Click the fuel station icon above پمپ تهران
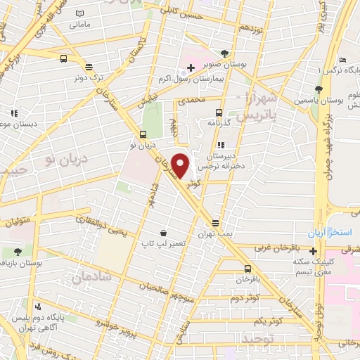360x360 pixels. click(215, 224)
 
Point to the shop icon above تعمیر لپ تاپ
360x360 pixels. click(163, 233)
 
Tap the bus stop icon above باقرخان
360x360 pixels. click(247, 269)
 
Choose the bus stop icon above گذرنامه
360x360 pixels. click(219, 112)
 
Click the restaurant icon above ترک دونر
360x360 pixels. click(89, 67)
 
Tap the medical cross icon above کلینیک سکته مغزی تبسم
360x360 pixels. click(313, 251)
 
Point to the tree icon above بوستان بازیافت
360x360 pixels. click(17, 251)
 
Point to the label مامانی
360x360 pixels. click(79, 23)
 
